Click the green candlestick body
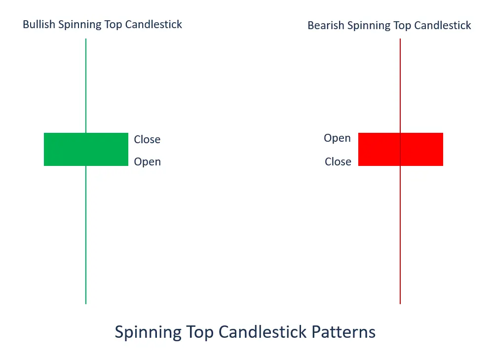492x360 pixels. (86, 150)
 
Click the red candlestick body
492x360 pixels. (401, 150)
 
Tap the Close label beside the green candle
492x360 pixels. (147, 139)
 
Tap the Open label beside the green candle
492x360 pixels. (148, 162)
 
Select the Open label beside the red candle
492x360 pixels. (338, 138)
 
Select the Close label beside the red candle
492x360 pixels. (338, 161)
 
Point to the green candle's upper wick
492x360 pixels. (86, 86)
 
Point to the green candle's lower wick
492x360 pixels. (86, 235)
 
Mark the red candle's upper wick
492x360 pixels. (400, 86)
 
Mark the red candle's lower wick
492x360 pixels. (400, 235)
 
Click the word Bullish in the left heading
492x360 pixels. (39, 25)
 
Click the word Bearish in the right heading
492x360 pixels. (326, 25)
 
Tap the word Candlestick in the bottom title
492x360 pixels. (263, 332)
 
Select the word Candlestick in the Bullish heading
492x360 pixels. (153, 25)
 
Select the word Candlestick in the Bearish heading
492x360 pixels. (443, 25)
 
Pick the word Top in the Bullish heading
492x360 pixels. (113, 25)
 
